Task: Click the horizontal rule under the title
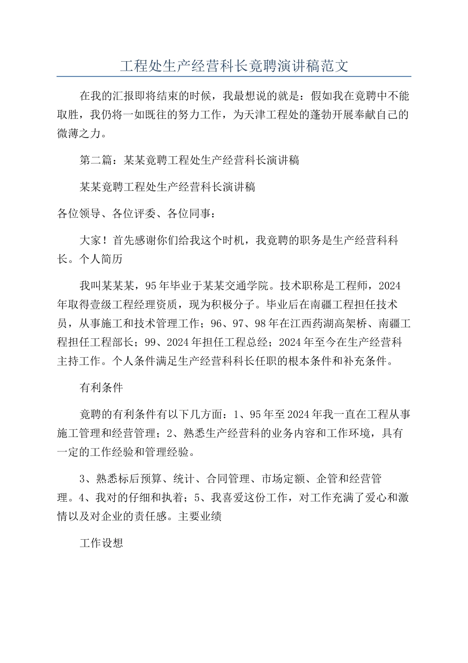[234, 76]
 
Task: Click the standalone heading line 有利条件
[101, 387]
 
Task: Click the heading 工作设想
[101, 543]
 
